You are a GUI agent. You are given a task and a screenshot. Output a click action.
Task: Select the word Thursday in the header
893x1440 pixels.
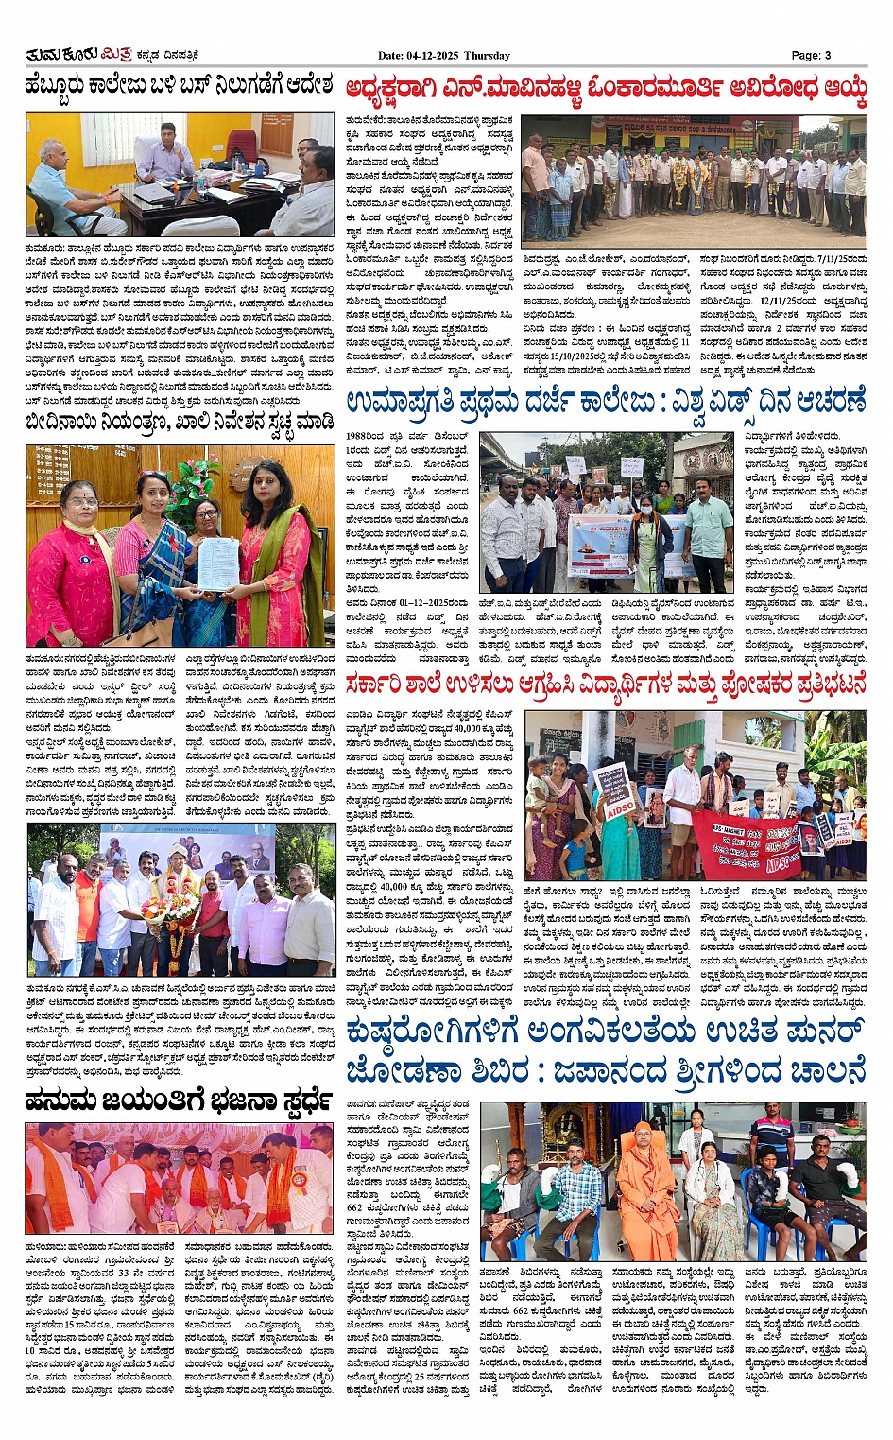[488, 55]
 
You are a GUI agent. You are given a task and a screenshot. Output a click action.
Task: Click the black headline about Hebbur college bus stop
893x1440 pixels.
[179, 87]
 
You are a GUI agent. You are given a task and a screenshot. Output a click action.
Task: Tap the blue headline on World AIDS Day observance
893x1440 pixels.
[605, 401]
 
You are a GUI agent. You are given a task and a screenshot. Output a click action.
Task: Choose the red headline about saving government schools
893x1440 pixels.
[605, 685]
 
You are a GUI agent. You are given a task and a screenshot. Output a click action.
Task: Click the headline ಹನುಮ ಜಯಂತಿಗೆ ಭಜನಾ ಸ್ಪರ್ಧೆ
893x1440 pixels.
[179, 1101]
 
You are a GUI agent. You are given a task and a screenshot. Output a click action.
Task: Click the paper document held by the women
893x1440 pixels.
[217, 564]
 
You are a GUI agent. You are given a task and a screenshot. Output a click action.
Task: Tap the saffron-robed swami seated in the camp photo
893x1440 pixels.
[645, 1182]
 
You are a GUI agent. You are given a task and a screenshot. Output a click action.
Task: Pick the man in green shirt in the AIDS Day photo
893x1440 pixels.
[708, 529]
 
